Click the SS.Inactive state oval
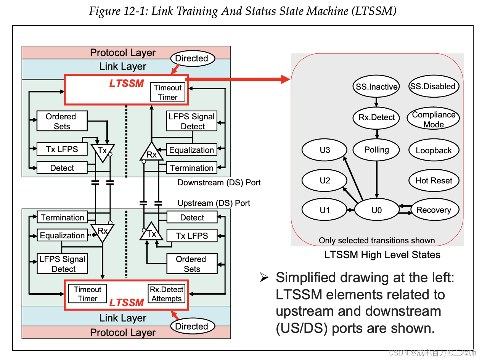point(376,87)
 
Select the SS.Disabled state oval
point(433,87)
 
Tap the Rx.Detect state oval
point(376,117)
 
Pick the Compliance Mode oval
point(434,119)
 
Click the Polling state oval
point(376,150)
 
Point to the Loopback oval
point(434,150)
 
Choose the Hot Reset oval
point(434,180)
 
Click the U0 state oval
point(376,210)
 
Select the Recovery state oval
point(434,210)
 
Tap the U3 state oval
point(325,150)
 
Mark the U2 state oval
point(325,180)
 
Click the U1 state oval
point(325,210)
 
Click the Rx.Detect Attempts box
point(167,294)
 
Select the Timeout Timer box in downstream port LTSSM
point(168,92)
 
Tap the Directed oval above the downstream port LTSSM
point(192,58)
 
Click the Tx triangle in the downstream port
point(103,151)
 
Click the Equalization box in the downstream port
point(192,150)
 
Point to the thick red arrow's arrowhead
point(286,79)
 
